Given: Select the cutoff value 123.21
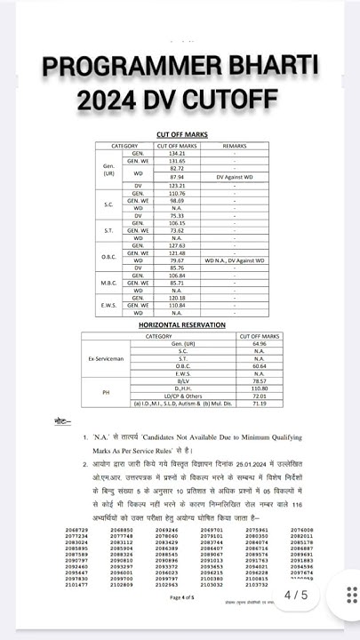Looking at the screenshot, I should click(x=176, y=185).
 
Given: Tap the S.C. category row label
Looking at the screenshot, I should click(x=108, y=204).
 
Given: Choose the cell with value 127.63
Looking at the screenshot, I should click(x=176, y=244).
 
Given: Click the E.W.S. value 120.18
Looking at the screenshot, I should click(x=176, y=298).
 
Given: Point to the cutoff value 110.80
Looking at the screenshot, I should click(x=259, y=388).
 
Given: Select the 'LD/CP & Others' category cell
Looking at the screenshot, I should click(x=159, y=396).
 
